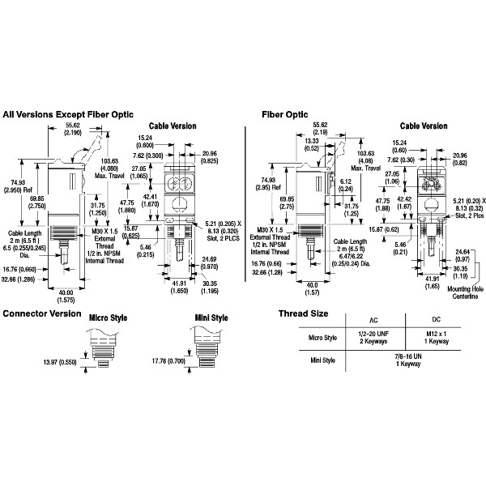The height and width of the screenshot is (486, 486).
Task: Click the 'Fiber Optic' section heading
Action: [x=284, y=114]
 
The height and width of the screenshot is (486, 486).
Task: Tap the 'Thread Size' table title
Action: [x=303, y=313]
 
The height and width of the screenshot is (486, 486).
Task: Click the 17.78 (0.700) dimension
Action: [x=166, y=360]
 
